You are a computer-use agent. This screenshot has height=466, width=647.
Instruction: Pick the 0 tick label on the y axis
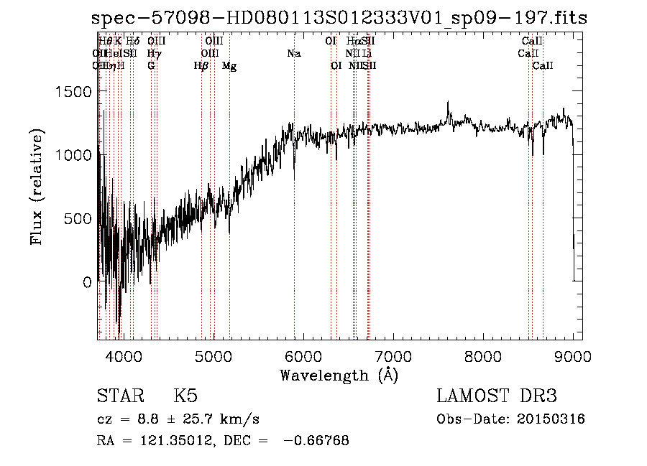(x=87, y=282)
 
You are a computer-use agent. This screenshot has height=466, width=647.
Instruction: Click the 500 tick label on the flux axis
(x=79, y=219)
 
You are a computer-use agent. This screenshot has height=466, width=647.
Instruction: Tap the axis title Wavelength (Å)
(x=339, y=375)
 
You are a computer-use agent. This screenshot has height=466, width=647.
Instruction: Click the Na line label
(x=293, y=53)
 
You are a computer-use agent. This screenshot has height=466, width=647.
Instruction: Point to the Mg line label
(x=229, y=66)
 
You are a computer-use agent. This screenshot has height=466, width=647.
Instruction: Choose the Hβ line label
(x=201, y=66)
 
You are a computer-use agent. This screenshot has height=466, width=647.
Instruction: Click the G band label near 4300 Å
(x=151, y=66)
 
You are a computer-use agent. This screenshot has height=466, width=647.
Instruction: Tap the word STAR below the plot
(x=119, y=396)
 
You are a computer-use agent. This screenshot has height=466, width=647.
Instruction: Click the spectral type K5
(x=185, y=396)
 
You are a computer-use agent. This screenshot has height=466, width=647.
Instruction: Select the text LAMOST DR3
(x=497, y=396)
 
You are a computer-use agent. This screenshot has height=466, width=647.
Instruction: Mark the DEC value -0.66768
(x=316, y=441)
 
